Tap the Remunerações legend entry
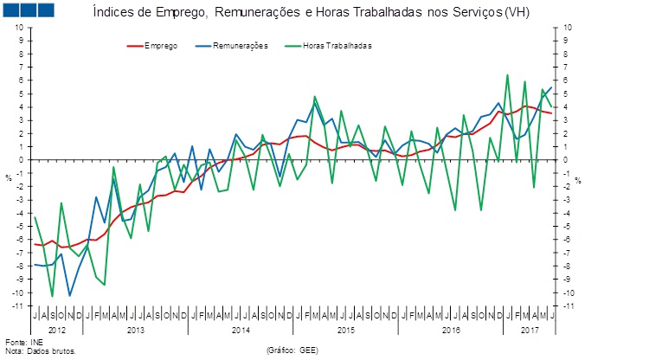[x=234, y=45]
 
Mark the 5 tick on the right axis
[x=566, y=93]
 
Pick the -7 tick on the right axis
[x=568, y=253]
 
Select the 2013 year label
[x=136, y=331]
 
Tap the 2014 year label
[x=241, y=331]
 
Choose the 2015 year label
[x=346, y=331]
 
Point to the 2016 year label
[x=451, y=331]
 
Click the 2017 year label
[x=530, y=331]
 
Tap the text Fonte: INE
[x=24, y=344]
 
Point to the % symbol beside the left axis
[x=9, y=179]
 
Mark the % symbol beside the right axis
[x=578, y=179]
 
